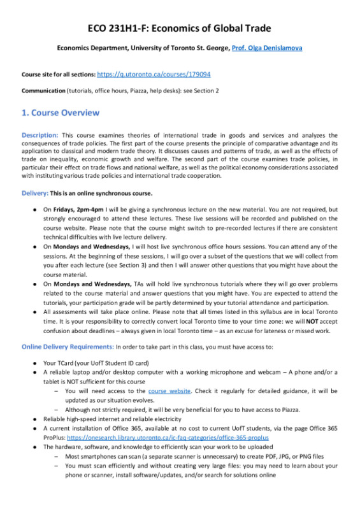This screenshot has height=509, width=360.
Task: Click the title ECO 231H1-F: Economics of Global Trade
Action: (180, 28)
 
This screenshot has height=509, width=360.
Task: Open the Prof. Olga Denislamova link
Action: (267, 48)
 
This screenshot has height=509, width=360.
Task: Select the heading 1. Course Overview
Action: (61, 113)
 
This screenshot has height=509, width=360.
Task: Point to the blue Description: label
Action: (40, 135)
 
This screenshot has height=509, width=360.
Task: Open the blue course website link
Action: (169, 391)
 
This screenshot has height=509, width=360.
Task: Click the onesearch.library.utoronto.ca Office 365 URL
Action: (168, 438)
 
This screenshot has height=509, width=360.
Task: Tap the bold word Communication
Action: (43, 91)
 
